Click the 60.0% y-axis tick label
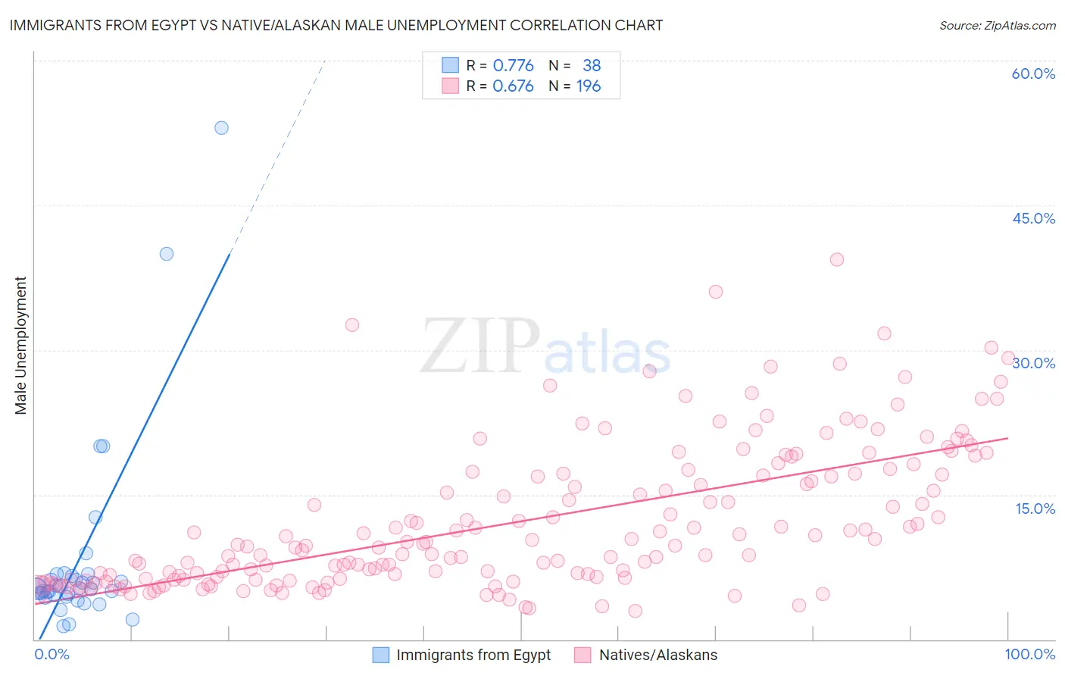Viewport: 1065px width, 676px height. pos(1033,74)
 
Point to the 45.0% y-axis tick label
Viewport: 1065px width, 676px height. pos(1033,218)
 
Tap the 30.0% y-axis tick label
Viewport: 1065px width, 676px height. pos(1033,363)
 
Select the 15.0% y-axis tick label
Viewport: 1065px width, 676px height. pos(1035,508)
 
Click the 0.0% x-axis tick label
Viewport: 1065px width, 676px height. pos(52,654)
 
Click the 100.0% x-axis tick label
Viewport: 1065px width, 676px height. pos(1029,654)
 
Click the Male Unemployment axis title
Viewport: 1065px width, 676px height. pos(20,346)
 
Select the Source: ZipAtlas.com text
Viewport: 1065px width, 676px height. pos(997,25)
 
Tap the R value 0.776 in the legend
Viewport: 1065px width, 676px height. pos(513,65)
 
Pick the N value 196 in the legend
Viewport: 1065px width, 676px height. pos(589,86)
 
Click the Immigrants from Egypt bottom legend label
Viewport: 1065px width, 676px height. pos(473,655)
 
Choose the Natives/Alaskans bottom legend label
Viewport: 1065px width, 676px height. pos(657,655)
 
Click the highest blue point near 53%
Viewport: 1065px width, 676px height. pos(221,128)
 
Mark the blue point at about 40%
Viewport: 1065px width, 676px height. pos(167,254)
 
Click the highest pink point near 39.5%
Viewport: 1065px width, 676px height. pos(837,259)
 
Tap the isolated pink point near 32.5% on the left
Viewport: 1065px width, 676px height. pos(352,325)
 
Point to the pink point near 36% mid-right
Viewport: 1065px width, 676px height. pos(716,292)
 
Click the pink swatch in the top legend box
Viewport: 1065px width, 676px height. pos(450,86)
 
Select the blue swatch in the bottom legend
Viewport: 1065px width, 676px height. pos(381,655)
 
